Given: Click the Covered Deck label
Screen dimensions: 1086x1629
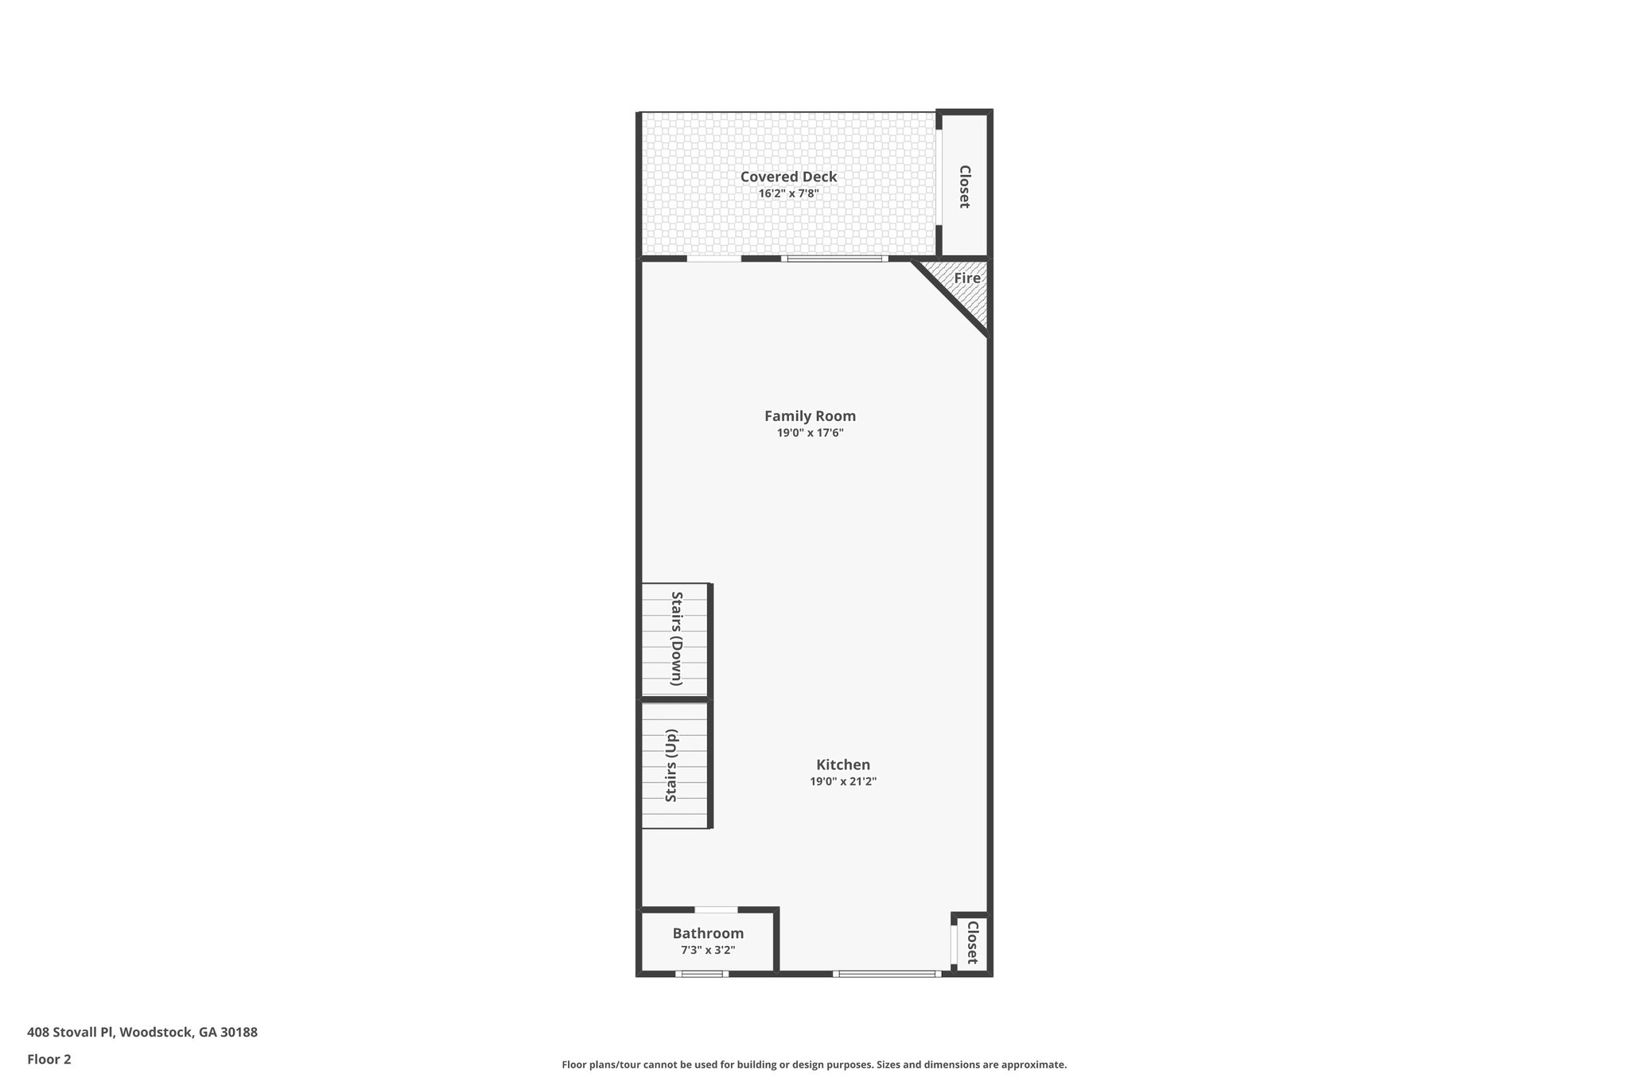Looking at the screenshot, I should (788, 177).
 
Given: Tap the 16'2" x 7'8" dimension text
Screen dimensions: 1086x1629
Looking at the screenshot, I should (788, 193).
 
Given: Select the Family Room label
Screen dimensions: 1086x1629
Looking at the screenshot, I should (810, 415).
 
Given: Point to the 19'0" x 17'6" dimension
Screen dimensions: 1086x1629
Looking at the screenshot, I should (810, 433).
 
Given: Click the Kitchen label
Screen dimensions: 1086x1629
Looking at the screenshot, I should (843, 765).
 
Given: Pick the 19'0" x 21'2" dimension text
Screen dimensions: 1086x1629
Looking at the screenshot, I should (843, 781).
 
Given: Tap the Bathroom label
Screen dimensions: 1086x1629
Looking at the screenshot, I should (708, 933).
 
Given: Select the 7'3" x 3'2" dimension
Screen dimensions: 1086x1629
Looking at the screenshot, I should (708, 950).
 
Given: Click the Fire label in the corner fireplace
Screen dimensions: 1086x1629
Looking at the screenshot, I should (967, 278).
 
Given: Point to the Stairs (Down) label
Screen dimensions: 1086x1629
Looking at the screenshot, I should (677, 638).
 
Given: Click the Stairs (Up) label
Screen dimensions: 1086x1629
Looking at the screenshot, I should (671, 765).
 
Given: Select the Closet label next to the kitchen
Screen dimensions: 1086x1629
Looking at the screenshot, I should (971, 942).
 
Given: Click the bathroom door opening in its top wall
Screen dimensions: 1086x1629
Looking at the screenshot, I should (716, 909).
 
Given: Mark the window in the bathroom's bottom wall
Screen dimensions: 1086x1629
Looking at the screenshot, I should (702, 974).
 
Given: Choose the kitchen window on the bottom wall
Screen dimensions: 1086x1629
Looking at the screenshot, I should (888, 974).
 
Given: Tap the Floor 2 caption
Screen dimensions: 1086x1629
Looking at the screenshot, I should (49, 1059).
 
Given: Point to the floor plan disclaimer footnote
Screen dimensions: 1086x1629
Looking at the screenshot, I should (814, 1065).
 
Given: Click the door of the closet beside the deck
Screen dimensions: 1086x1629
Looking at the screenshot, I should (939, 177).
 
